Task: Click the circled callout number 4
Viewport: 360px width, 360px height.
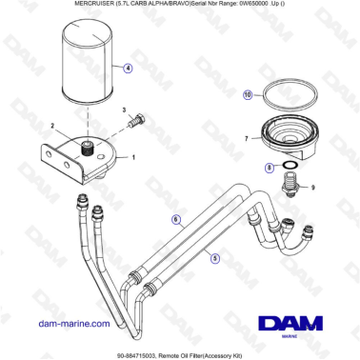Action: tap(128, 69)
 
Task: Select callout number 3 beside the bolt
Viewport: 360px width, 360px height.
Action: tap(125, 111)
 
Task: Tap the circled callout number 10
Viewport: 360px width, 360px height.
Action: tap(246, 95)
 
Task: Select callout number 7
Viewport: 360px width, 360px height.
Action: tap(246, 139)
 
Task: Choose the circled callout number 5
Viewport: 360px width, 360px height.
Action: tap(214, 257)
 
